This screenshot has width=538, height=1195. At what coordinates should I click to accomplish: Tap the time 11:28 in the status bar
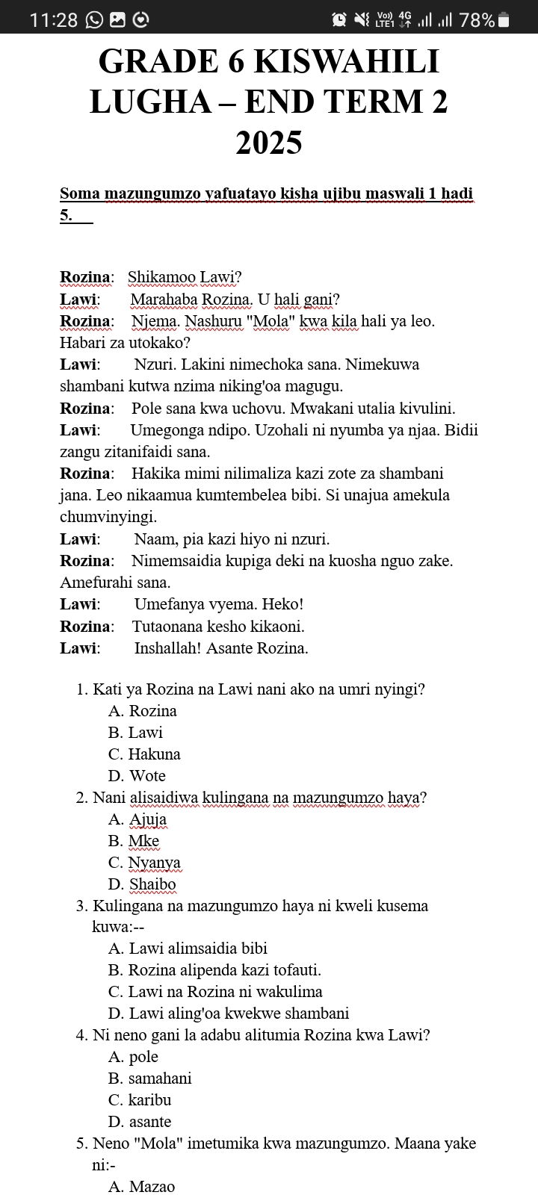54,20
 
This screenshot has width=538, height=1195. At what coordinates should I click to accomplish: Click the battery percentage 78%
477,20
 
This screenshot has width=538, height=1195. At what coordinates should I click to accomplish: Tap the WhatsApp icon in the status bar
95,20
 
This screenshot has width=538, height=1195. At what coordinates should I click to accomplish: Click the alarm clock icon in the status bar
339,20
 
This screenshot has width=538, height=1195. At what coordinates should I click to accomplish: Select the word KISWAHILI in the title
347,61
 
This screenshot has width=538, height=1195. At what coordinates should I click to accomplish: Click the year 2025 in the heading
269,142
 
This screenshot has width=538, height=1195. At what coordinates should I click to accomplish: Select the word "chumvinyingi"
108,517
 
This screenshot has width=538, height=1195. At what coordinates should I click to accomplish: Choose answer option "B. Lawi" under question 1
135,733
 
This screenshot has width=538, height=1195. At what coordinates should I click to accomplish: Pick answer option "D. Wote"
137,776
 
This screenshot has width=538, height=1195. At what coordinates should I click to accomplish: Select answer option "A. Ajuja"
137,819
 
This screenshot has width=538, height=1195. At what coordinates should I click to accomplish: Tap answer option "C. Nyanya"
144,863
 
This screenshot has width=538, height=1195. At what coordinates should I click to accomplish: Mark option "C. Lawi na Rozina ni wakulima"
215,992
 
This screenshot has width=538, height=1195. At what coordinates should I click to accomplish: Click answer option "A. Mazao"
141,1187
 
